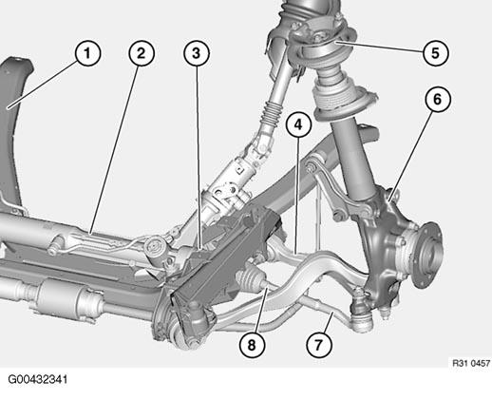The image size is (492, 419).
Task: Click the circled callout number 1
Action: click(x=87, y=53)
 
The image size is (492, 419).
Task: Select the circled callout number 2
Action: click(x=142, y=53)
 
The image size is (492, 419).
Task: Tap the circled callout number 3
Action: click(x=197, y=53)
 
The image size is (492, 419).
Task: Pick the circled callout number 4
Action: click(x=298, y=124)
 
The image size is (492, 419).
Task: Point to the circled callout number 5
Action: click(x=436, y=53)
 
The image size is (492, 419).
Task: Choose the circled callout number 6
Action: click(x=437, y=100)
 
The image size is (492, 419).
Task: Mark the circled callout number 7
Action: click(x=319, y=345)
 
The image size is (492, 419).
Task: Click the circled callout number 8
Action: click(x=252, y=345)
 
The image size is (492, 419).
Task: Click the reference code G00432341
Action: click(x=38, y=379)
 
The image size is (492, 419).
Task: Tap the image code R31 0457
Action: click(x=471, y=363)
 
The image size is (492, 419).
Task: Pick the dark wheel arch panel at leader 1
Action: click(x=14, y=133)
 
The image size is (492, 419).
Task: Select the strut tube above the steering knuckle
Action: click(x=353, y=159)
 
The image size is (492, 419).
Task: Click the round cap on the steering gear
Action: click(x=155, y=246)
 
